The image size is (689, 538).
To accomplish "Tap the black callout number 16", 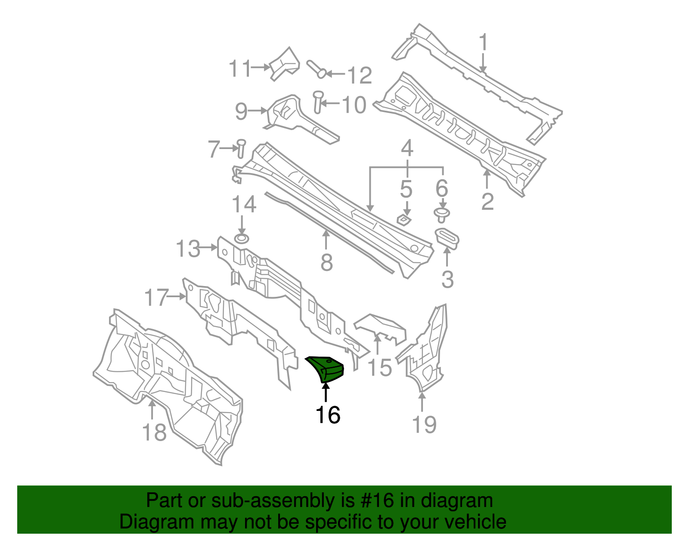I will tap(328, 415).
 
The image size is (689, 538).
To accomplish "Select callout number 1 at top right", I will tap(484, 43).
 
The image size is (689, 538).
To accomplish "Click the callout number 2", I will tap(487, 202).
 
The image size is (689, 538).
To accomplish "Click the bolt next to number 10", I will tap(317, 102).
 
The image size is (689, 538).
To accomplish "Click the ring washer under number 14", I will tap(242, 239).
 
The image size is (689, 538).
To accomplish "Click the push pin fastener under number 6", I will tap(441, 215).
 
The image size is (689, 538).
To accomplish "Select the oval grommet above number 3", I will tap(447, 239).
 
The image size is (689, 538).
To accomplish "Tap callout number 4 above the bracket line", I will tap(407, 149).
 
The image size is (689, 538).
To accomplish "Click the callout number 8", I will tap(326, 262).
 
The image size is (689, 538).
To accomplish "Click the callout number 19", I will tap(424, 424).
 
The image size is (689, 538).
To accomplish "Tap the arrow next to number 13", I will tap(208, 247).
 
